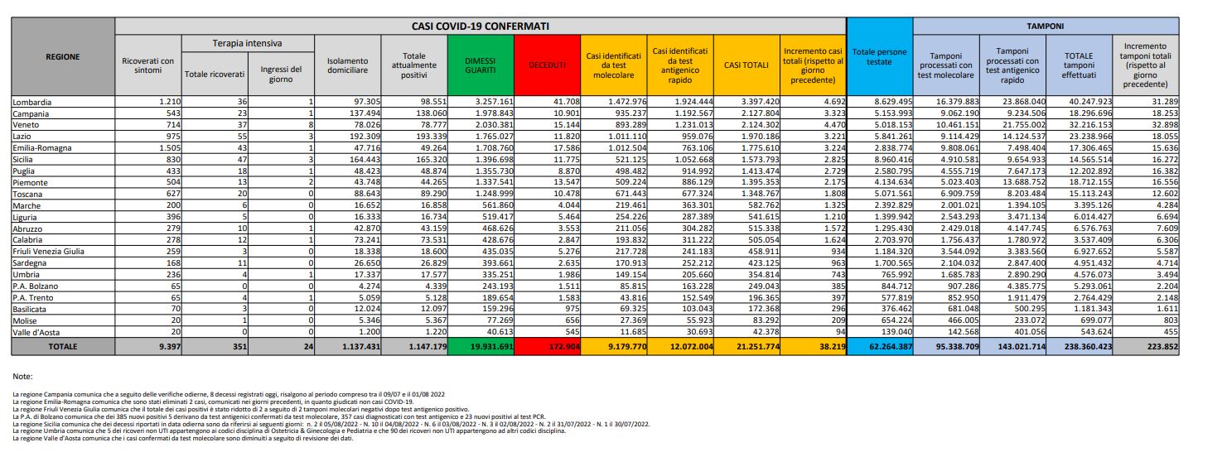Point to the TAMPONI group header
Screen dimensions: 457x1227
click(x=1046, y=26)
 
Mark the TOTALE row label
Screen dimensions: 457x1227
click(x=63, y=344)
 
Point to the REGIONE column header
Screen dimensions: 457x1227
click(x=63, y=57)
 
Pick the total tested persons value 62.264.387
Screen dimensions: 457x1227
click(x=878, y=344)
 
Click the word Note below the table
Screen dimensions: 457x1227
click(x=23, y=376)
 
